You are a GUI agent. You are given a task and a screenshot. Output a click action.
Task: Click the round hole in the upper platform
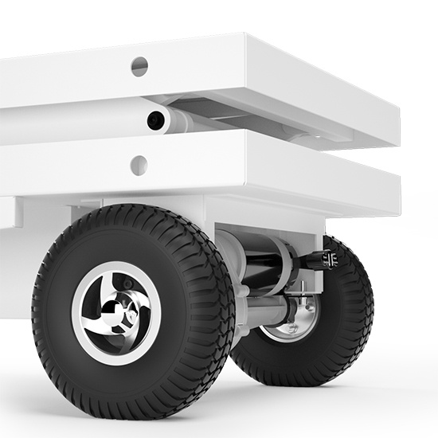(x=139, y=67)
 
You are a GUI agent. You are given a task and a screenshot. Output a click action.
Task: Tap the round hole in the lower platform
(x=139, y=166)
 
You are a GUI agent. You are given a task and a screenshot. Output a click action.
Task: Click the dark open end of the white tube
(x=155, y=120)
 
